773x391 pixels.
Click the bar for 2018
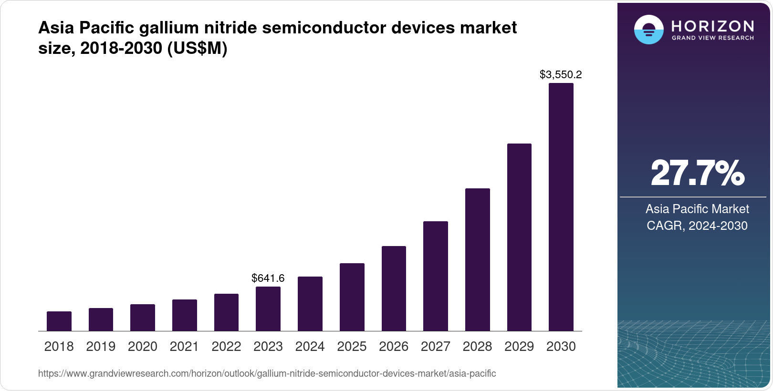point(59,321)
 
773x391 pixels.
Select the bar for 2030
point(561,207)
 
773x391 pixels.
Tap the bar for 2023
point(268,309)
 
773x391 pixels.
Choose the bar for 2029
point(519,237)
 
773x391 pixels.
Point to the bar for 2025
point(352,297)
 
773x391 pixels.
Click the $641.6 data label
point(268,278)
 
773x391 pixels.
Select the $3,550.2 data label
point(561,75)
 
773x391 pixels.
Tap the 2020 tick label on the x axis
point(143,347)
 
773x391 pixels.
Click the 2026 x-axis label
point(394,347)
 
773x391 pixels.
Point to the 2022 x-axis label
point(226,347)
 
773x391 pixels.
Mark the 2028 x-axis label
point(477,347)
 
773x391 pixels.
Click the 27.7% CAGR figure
point(697,174)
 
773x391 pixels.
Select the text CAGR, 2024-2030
point(697,226)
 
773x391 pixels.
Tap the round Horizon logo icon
point(648,30)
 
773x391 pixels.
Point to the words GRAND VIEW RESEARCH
point(712,38)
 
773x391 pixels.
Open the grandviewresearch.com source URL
point(267,374)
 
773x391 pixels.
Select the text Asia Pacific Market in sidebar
point(697,209)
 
